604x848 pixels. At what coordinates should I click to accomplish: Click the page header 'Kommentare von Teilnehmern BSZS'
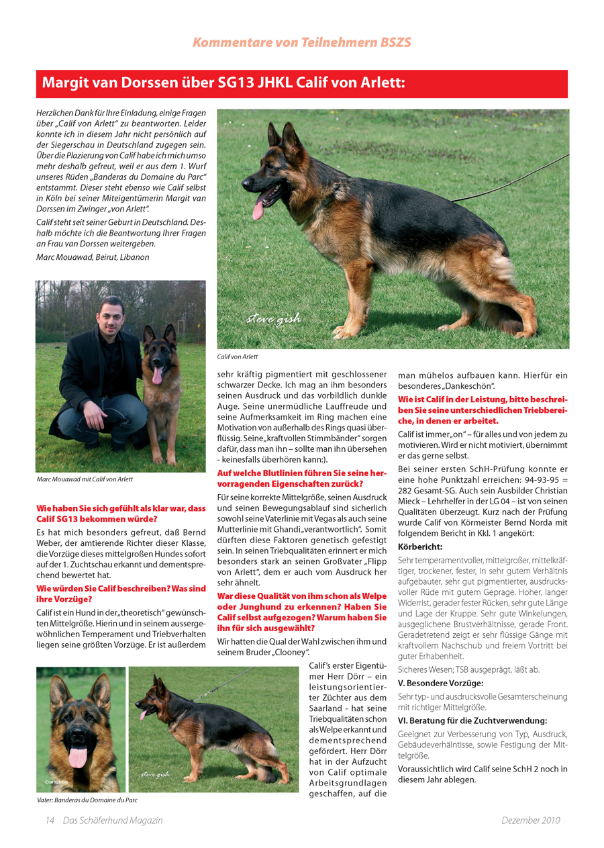pos(301,42)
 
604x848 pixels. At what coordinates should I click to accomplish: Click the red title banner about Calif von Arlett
pos(301,84)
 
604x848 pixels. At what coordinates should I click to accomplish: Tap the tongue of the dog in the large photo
pos(258,209)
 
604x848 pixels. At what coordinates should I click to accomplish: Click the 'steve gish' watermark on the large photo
pos(273,318)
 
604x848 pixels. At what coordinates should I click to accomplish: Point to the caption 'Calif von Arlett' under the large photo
pos(238,357)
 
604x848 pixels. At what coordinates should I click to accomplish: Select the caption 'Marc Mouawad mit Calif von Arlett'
pos(85,479)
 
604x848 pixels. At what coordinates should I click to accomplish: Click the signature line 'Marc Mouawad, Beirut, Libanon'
pos(93,257)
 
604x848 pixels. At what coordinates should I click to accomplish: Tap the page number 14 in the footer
pos(50,820)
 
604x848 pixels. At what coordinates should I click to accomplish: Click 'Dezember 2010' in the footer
pos(530,820)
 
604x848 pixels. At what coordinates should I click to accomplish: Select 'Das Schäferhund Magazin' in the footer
pos(113,820)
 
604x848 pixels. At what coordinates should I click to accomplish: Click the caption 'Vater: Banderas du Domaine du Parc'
pos(87,800)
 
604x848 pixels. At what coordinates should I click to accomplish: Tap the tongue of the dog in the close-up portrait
pos(78,757)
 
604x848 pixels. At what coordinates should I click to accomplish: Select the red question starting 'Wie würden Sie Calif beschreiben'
pos(121,594)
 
